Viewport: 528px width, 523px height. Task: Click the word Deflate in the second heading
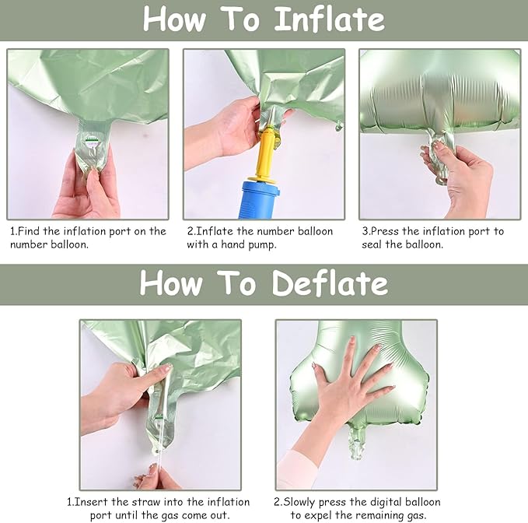tap(331, 283)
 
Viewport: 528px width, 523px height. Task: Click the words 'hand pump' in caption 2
tap(253, 244)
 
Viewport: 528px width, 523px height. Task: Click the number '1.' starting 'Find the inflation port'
tap(14, 231)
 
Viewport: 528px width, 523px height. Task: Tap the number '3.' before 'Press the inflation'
tap(366, 231)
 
